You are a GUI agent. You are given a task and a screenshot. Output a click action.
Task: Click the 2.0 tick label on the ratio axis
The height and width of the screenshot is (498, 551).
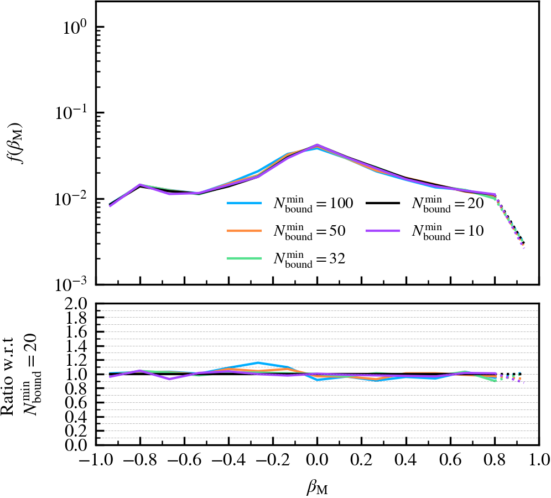coord(76,304)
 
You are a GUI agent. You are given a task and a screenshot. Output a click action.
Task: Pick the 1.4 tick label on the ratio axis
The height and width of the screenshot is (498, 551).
coord(76,346)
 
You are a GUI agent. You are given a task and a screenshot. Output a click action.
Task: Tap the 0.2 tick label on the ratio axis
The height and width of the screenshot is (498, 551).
coord(76,430)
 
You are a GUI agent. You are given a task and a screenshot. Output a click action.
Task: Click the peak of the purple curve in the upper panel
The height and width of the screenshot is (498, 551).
coord(317,145)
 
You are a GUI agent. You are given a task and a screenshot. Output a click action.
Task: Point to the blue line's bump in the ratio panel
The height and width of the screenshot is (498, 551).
coord(257,363)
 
